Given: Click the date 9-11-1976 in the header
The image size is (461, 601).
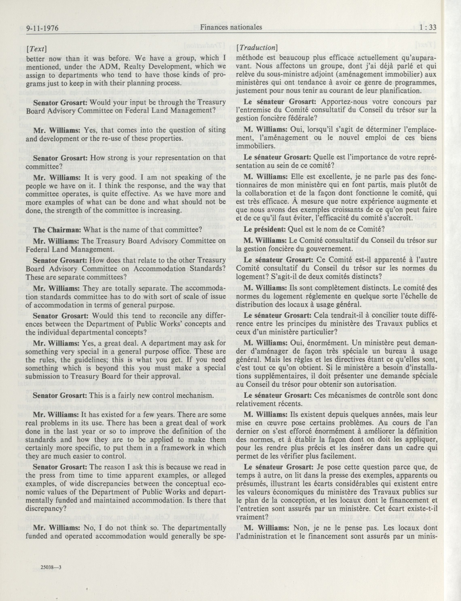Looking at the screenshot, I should [43, 28].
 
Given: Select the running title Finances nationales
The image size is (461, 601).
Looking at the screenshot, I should [231, 27].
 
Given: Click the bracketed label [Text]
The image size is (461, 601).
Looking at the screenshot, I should [36, 49].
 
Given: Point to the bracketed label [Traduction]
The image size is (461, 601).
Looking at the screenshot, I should [257, 48].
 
